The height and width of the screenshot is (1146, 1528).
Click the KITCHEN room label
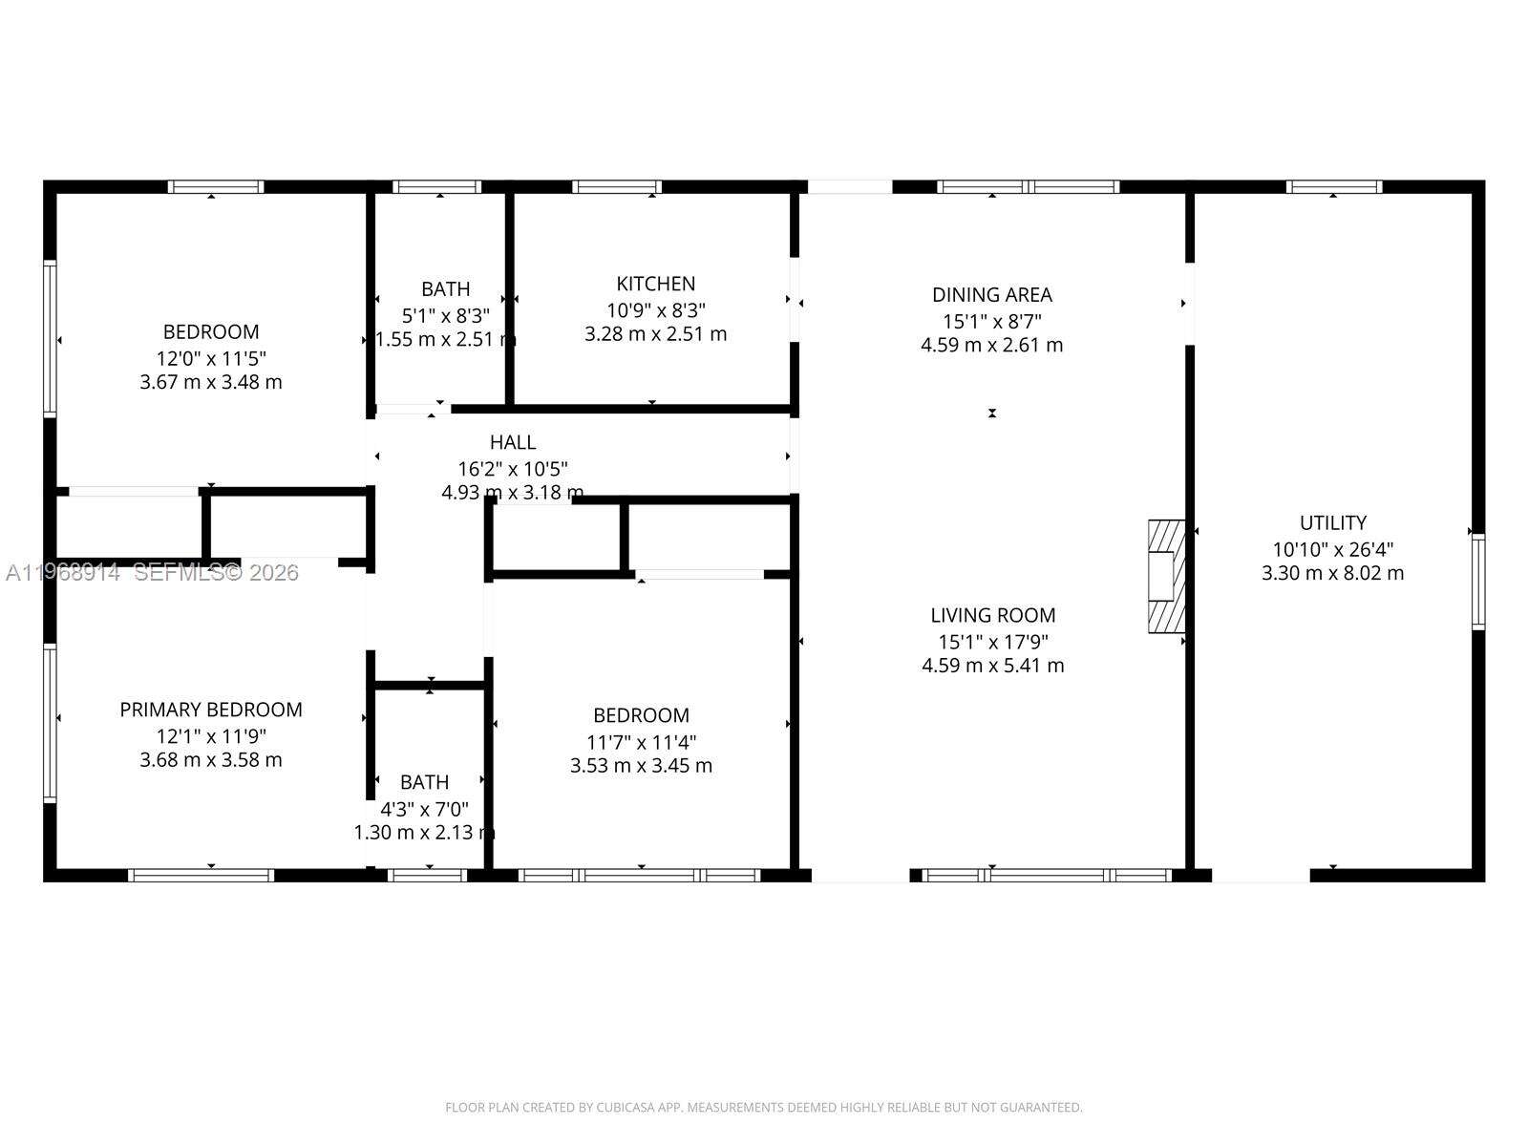tap(655, 284)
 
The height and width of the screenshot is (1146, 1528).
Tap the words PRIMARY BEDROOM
tap(211, 710)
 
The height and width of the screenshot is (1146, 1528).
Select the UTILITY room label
tap(1332, 522)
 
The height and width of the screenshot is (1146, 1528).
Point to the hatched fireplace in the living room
tap(1165, 576)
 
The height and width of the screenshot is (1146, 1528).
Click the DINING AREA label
tap(991, 295)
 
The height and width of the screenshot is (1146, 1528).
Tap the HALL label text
tap(513, 442)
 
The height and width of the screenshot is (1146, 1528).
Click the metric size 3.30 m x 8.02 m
tap(1332, 573)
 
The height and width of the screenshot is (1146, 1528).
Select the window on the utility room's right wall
tap(1477, 581)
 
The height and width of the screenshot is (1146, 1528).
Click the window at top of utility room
tap(1333, 186)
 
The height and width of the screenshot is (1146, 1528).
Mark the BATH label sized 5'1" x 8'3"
tap(445, 288)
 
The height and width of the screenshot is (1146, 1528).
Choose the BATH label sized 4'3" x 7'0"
tap(424, 782)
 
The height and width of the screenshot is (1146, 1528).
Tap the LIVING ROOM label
tap(992, 616)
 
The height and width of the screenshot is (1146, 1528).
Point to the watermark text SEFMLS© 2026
tap(216, 573)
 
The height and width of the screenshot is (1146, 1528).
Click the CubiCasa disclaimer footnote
tap(763, 1108)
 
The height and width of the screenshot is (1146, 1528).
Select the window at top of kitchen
tap(617, 186)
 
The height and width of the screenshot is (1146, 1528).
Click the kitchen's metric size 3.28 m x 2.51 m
tap(655, 334)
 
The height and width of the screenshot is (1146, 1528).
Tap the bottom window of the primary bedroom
tap(202, 875)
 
